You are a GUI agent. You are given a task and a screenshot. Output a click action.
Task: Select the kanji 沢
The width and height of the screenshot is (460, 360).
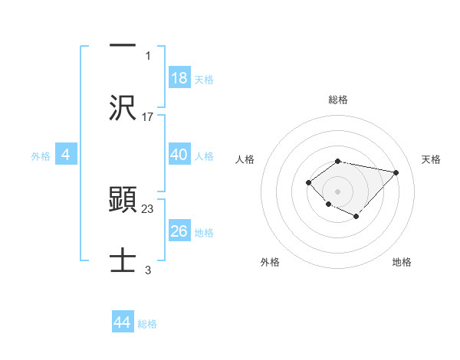tap(123, 108)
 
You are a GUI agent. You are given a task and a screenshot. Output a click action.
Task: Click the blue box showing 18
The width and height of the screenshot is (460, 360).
tap(179, 78)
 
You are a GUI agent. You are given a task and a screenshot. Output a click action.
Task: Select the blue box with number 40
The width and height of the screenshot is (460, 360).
tap(179, 155)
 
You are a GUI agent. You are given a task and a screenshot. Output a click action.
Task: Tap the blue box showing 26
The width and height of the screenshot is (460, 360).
tap(179, 231)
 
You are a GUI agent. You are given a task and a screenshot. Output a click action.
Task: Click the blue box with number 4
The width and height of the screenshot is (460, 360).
tap(66, 155)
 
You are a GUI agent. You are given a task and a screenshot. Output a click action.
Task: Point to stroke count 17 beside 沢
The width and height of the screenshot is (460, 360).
tap(148, 117)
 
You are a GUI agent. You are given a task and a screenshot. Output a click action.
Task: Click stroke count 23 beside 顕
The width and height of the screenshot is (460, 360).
tap(148, 208)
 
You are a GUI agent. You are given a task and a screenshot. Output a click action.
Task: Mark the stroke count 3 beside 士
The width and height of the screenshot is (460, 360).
tap(148, 270)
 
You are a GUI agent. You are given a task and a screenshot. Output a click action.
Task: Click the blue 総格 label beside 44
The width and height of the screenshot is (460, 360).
tap(147, 324)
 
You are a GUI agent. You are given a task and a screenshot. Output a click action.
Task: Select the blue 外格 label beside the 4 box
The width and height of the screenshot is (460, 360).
tap(41, 156)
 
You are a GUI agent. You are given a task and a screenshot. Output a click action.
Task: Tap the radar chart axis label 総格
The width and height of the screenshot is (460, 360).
tap(337, 100)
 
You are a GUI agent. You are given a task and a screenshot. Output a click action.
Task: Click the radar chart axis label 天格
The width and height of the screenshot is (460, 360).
tap(431, 159)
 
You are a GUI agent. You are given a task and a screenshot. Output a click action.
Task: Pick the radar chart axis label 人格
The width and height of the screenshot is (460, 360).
tap(245, 159)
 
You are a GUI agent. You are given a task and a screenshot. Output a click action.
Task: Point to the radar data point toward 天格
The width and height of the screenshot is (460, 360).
tap(396, 172)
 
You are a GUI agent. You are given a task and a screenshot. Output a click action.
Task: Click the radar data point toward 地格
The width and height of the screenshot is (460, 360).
tap(356, 217)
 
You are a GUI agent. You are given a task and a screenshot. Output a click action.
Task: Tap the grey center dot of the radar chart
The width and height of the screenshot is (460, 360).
tap(337, 191)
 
